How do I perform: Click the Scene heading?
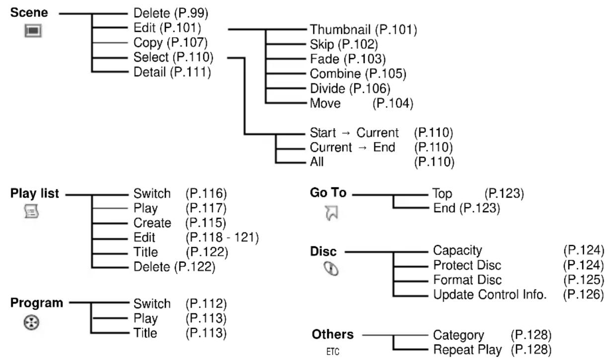29,12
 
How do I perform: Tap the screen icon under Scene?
33,30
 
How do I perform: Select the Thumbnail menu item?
340,29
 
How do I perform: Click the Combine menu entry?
335,73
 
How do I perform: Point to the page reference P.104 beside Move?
393,103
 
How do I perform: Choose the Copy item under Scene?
148,43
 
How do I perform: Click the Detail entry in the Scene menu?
150,72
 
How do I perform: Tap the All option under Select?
317,162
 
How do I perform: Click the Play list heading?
35,194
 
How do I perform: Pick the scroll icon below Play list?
31,212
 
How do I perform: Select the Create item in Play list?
152,223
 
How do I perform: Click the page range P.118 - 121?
222,237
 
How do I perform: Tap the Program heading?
37,303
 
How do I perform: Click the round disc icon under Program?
31,322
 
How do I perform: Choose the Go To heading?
328,193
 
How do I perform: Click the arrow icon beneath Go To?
331,213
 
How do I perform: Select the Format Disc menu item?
467,280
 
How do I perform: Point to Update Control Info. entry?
490,294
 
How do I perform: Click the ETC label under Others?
333,352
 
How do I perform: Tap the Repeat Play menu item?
467,350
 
